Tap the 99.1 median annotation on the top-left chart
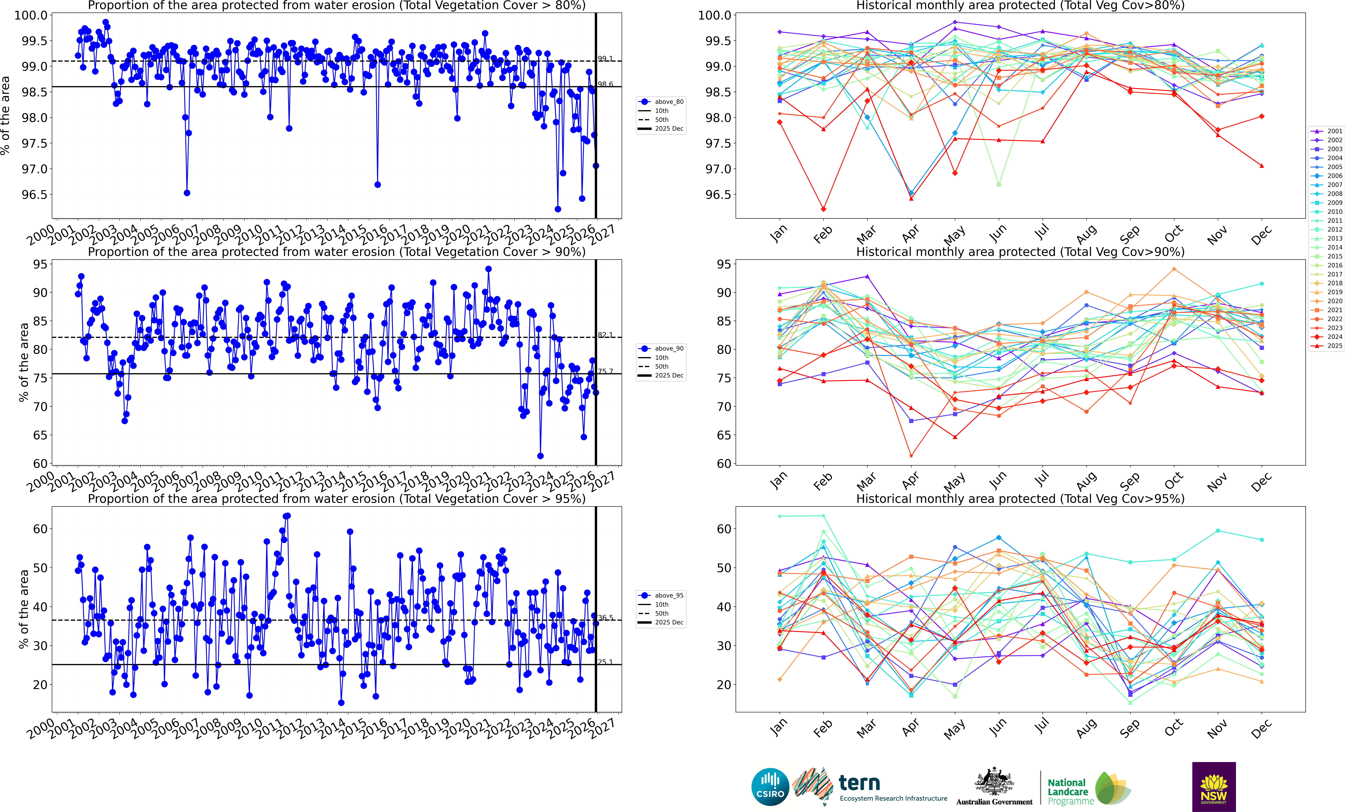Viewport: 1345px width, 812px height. (605, 58)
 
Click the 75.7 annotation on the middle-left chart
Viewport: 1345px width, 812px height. (605, 371)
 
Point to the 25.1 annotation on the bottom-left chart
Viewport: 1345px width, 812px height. (605, 662)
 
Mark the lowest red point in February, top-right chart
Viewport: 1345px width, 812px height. (823, 209)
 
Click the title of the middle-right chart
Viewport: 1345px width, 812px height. (1020, 252)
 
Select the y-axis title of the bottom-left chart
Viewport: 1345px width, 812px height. (23, 609)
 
